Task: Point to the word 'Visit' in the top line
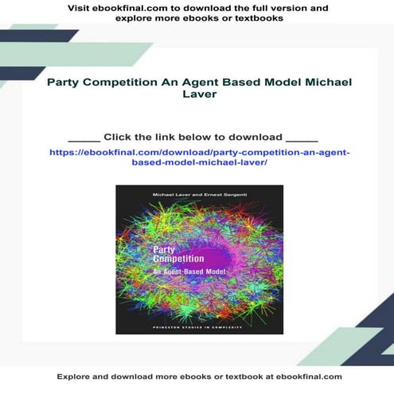coord(83,8)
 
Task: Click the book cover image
coord(199,259)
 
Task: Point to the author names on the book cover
coord(199,195)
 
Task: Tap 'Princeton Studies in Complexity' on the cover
coord(199,326)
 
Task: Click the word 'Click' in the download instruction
coord(119,136)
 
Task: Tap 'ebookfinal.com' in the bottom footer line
coord(302,376)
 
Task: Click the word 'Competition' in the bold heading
coord(119,83)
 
